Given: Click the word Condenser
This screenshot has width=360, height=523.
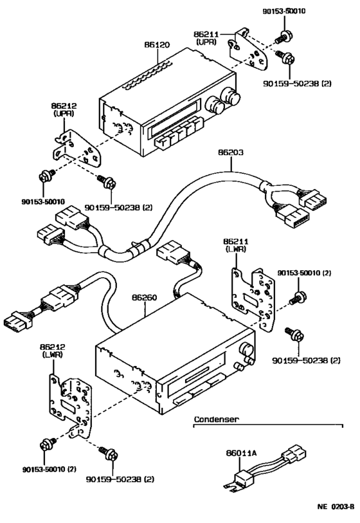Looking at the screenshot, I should [217, 419].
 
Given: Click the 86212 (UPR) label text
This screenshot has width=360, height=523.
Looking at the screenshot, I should [64, 107].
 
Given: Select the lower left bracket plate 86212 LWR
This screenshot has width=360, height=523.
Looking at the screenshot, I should [70, 406].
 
